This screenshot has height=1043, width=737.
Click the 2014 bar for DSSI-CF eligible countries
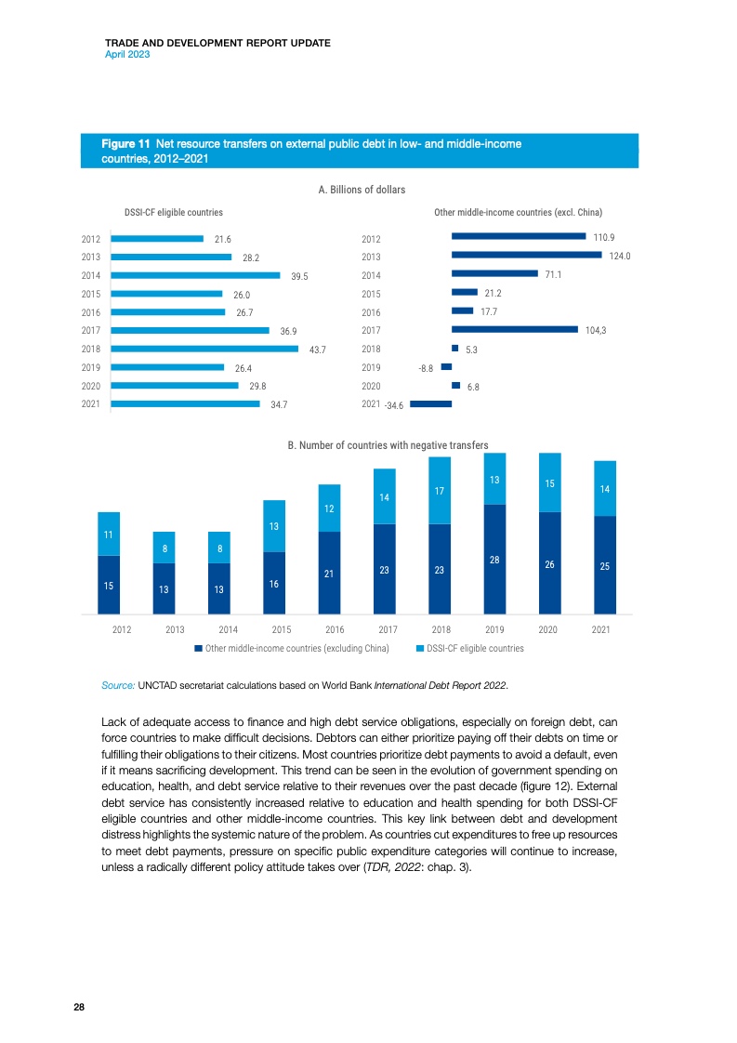(x=195, y=275)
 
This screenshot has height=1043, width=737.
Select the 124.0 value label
(x=620, y=257)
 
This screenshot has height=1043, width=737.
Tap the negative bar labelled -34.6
(x=431, y=403)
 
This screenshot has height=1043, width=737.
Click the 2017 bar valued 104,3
(x=515, y=329)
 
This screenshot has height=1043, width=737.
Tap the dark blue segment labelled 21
(x=328, y=573)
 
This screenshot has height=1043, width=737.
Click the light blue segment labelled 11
(x=109, y=534)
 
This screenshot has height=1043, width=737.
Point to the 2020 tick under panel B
(x=547, y=629)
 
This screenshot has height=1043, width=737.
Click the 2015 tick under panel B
(x=273, y=629)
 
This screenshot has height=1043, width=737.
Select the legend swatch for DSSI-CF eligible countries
(x=420, y=648)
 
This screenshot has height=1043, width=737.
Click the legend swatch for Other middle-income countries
(x=198, y=648)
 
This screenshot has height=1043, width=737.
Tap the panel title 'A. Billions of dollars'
(x=362, y=190)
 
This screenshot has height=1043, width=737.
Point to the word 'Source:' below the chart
(x=118, y=686)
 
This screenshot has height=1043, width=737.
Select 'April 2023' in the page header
(x=128, y=55)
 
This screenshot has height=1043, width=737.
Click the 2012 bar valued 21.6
(x=156, y=239)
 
